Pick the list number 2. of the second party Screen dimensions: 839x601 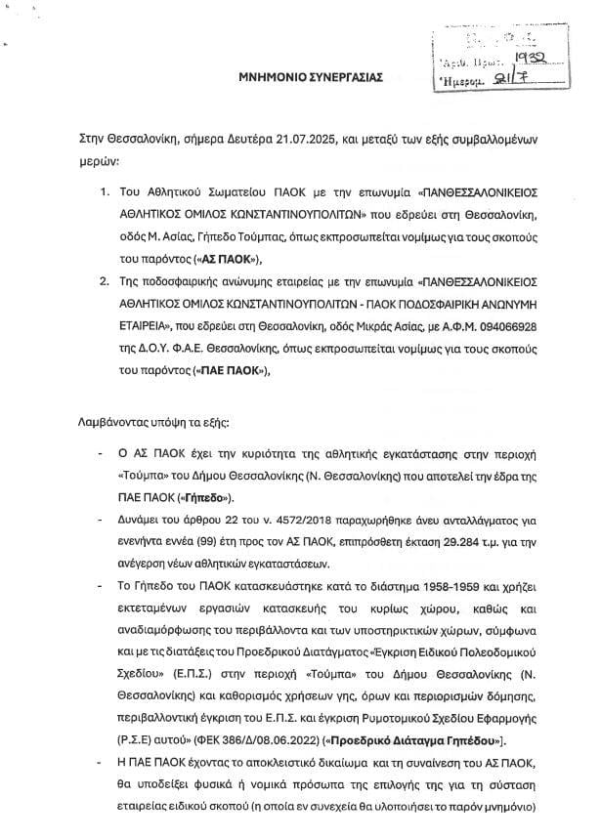[x=105, y=279]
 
